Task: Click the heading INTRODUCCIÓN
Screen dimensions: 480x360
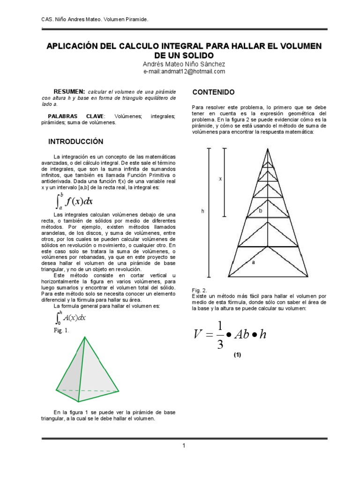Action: point(76,142)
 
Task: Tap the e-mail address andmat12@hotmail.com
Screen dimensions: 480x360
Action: point(184,72)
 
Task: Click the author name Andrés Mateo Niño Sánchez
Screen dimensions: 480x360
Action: point(184,64)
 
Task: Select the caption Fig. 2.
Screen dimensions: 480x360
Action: point(199,290)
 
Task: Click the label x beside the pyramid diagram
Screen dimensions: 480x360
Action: point(220,179)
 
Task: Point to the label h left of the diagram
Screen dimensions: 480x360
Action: point(202,211)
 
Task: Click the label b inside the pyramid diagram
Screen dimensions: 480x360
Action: point(261,211)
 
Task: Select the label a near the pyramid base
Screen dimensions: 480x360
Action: point(254,262)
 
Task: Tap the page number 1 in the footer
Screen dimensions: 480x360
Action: point(184,445)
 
